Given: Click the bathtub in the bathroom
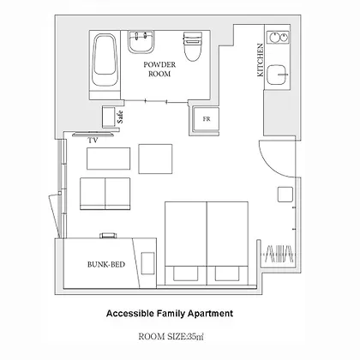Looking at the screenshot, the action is (x=105, y=60).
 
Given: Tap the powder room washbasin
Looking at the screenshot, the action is (x=141, y=42).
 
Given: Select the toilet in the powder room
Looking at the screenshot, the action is (x=192, y=46).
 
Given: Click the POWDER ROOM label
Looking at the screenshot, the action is (x=159, y=69).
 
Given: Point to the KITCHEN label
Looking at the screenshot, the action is (x=260, y=60).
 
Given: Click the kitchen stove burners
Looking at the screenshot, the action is (x=278, y=37).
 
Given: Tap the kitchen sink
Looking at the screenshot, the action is (x=277, y=75).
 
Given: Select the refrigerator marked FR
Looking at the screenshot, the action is (x=206, y=119).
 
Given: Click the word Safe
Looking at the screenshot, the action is (x=120, y=117).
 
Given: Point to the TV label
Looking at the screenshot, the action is (x=93, y=141).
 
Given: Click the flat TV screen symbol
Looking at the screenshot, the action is (x=93, y=134).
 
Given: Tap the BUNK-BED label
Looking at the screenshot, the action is (x=106, y=265).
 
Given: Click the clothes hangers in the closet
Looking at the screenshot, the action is (x=279, y=254).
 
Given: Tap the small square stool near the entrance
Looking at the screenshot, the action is (x=285, y=195).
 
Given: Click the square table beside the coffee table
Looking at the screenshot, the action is (x=155, y=159).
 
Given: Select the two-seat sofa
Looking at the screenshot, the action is (x=105, y=194).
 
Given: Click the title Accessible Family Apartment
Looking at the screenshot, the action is (x=170, y=314).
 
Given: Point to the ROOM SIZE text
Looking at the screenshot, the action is (x=171, y=337).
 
